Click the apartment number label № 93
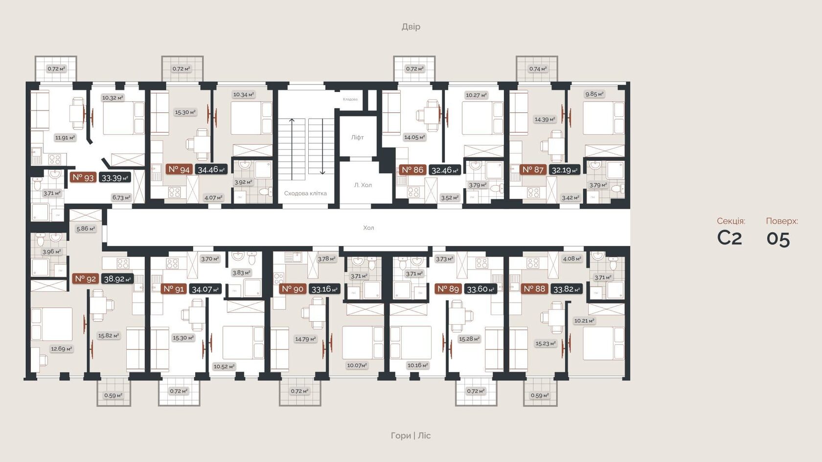coord(83,177)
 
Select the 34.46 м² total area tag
coord(211,170)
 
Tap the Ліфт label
coord(357,137)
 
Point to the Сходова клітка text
coord(305,193)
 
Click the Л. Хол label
coord(363,185)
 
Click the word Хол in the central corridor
coord(368,228)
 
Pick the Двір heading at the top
coord(411,26)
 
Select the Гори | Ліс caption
coord(411,435)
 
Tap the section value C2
coord(729,238)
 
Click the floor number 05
coord(778,239)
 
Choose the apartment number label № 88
coord(534,289)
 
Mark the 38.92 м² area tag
coord(117,279)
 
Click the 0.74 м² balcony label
coord(537,69)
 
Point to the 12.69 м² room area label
coord(61,349)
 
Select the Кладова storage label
coord(350,99)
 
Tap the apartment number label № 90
coord(293,289)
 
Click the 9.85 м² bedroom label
coord(594,94)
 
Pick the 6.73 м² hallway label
coord(121,198)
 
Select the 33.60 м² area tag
coord(480,289)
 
